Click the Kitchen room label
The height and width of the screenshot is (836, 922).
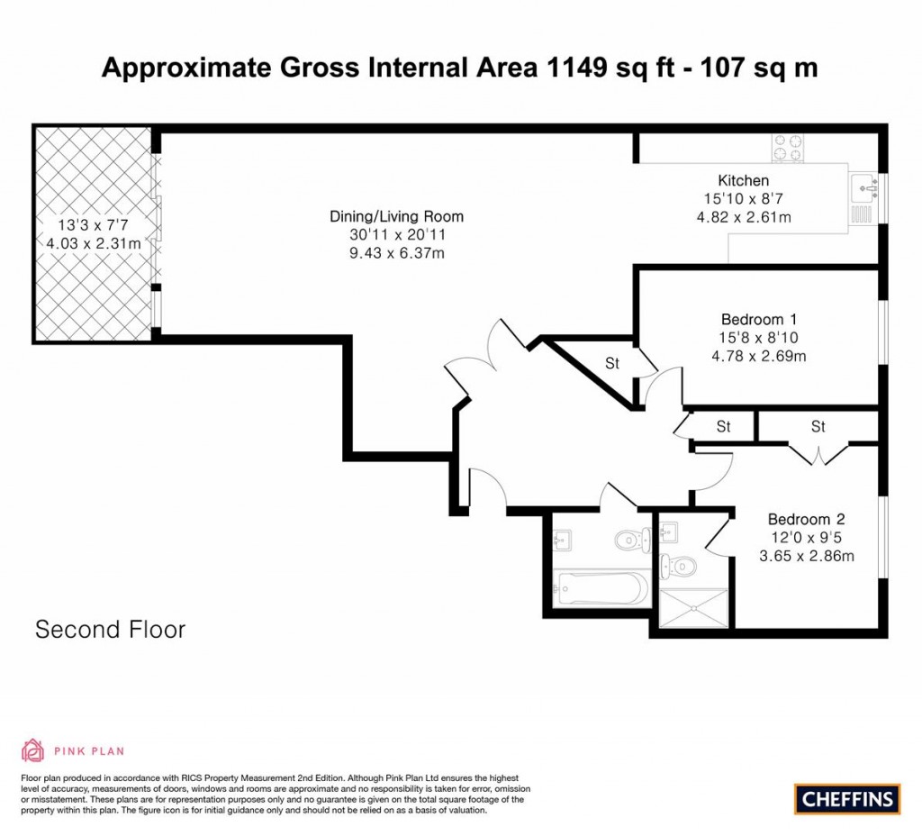[743, 180]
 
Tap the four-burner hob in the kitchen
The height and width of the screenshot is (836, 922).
[787, 148]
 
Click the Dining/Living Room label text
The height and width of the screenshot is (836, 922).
[396, 216]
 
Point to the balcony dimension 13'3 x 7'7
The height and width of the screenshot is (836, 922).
[93, 226]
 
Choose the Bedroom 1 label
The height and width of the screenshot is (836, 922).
[759, 319]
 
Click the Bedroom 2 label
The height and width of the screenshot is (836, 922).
[806, 519]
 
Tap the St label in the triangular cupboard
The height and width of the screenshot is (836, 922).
[612, 364]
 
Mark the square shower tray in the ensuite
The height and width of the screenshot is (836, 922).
[693, 608]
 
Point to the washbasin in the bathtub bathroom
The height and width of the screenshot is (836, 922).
[560, 540]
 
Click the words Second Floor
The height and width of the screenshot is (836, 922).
[110, 629]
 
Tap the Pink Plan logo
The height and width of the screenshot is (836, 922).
[72, 750]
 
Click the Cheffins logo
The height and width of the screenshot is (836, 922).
[847, 798]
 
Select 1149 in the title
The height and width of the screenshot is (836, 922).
[572, 68]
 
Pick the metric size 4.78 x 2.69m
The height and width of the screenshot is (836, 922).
[758, 356]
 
